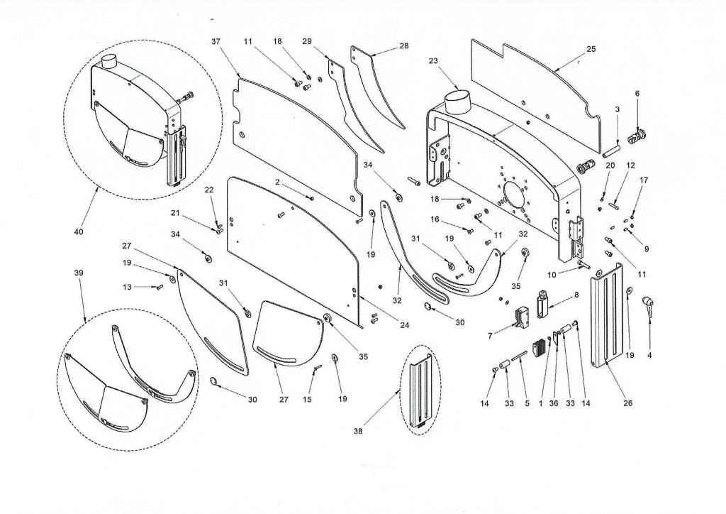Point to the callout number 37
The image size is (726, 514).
(x=216, y=42)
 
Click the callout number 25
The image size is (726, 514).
(x=591, y=49)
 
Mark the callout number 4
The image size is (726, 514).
(x=649, y=354)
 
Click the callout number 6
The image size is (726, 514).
(x=637, y=94)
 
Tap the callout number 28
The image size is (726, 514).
(x=403, y=45)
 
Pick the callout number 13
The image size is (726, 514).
(x=127, y=287)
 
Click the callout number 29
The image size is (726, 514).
(x=306, y=42)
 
